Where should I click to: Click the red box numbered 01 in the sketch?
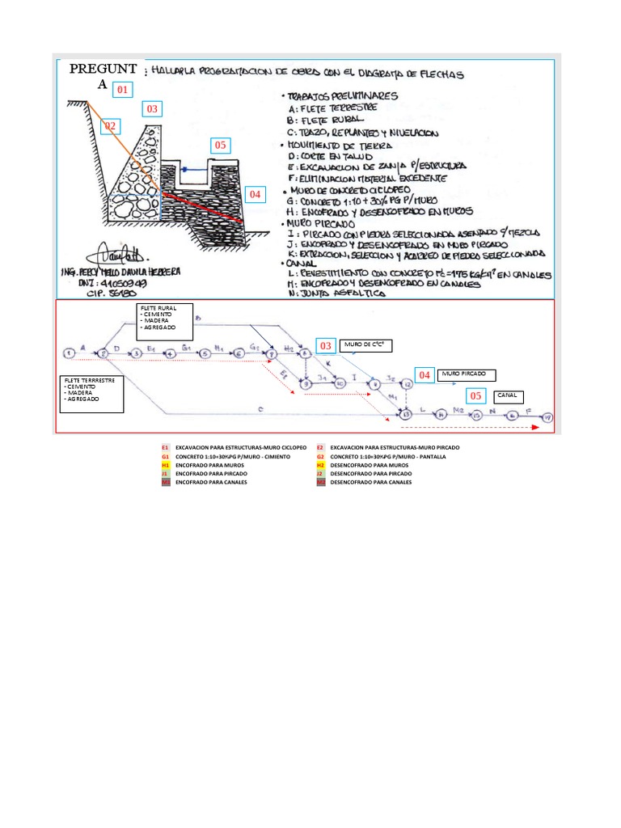click(x=121, y=89)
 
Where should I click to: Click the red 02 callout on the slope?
click(x=110, y=126)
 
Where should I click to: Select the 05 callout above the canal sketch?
click(x=219, y=146)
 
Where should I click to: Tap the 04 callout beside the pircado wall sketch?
click(x=255, y=194)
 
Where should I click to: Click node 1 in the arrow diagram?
click(x=70, y=353)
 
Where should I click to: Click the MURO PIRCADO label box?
click(x=467, y=374)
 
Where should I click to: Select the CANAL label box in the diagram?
click(x=509, y=396)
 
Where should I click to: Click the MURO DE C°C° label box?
click(x=373, y=346)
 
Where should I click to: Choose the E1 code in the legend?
click(x=165, y=447)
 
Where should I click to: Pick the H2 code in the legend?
click(x=321, y=465)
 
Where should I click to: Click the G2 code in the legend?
click(x=321, y=456)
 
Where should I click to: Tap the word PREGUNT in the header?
click(x=106, y=69)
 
